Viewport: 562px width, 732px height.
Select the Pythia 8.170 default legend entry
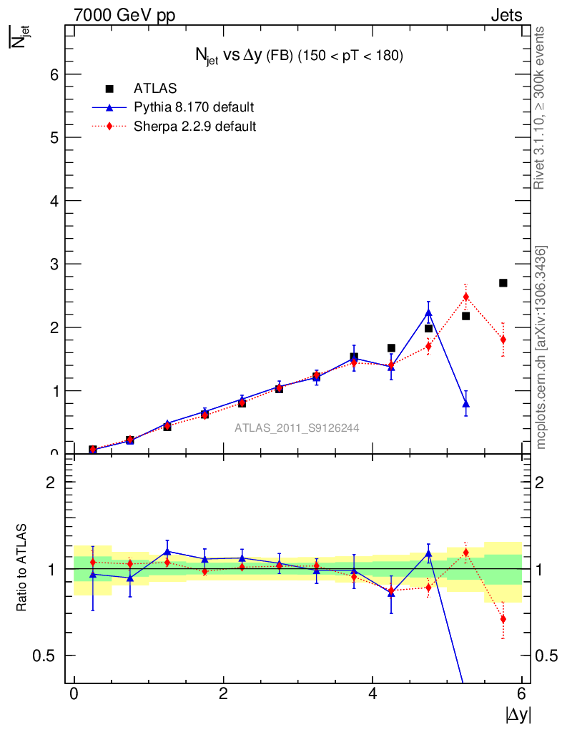coord(193,107)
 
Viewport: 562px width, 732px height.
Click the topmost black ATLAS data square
coord(503,283)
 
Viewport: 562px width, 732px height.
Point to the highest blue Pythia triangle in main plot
coord(428,312)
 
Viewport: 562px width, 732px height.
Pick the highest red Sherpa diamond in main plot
coord(465,297)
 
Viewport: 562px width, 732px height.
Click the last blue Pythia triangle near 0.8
coord(465,404)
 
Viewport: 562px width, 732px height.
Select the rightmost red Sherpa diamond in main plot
coord(503,340)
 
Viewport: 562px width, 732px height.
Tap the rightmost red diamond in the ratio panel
coord(503,619)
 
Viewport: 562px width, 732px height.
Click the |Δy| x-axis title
coord(518,714)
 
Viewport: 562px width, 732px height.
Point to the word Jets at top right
coord(506,15)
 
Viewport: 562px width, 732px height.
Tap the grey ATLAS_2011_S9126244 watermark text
coord(297,428)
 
